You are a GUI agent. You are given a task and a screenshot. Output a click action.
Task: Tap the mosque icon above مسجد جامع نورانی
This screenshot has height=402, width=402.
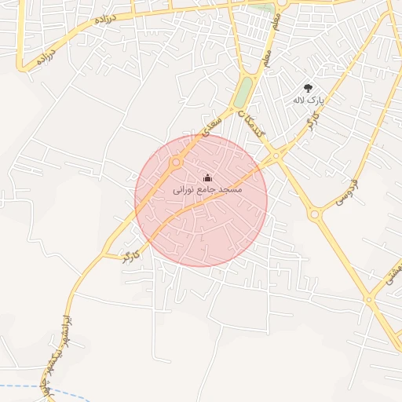(x=207, y=177)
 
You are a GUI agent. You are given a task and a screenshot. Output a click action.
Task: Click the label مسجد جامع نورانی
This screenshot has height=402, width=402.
(x=207, y=190)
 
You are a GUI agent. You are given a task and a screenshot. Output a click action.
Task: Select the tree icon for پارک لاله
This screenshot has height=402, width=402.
(x=308, y=88)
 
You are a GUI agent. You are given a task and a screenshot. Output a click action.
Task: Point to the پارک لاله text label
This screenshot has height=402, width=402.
(x=308, y=100)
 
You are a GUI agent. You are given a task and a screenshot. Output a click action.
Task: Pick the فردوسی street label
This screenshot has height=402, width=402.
(x=345, y=192)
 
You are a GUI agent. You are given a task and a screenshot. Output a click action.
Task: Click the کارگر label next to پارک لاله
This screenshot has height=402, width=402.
(x=312, y=122)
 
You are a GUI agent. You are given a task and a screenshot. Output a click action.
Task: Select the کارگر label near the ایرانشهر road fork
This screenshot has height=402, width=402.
(x=131, y=256)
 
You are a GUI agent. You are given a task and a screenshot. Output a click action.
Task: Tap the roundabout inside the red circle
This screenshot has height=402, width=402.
(x=176, y=162)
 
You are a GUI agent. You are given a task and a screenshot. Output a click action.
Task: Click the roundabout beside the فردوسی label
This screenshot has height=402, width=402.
(x=314, y=214)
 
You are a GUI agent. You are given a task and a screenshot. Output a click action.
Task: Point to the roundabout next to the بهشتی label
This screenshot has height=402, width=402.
(x=368, y=298)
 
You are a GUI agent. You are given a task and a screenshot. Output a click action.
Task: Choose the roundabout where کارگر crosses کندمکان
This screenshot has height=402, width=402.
(x=276, y=155)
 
